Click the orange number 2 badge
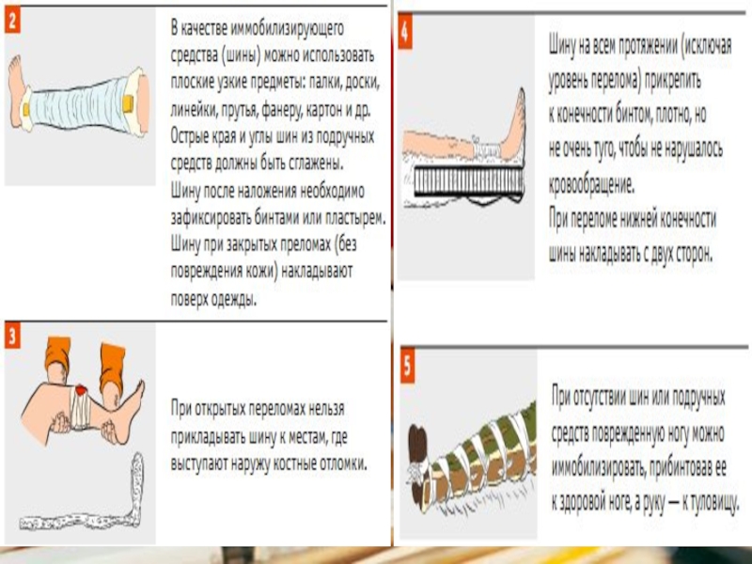12,21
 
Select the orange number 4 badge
405,32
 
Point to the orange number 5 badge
408,367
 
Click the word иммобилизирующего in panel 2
288,29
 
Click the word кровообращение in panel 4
592,184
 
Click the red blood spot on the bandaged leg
81,391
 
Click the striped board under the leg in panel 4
468,181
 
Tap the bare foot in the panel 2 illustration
17,90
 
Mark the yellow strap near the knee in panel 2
128,103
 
